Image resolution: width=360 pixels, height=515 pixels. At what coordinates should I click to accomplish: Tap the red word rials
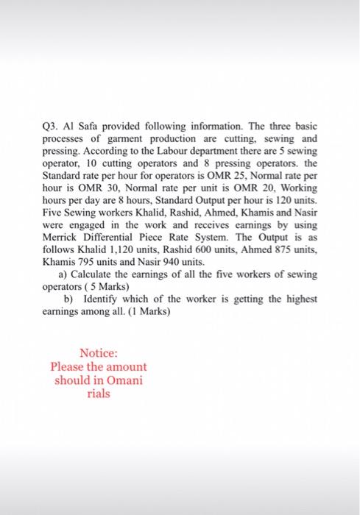tap(99, 394)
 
